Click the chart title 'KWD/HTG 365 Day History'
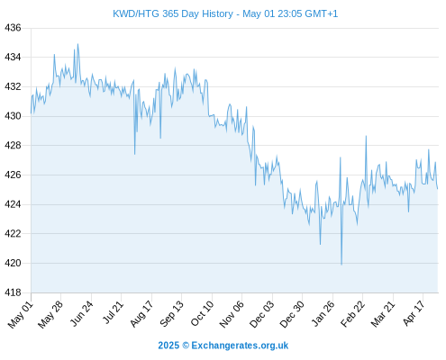pos(173,13)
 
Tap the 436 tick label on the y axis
pos(13,28)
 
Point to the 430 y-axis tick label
pos(13,116)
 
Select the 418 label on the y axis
pos(13,292)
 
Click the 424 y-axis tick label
pos(13,204)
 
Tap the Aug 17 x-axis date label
pos(141,313)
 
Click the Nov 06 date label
pos(232,314)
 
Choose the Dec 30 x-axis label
pos(292,314)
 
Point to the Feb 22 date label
pos(352,313)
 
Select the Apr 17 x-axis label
pos(414,313)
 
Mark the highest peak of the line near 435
pos(77,44)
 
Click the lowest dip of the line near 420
pos(341,265)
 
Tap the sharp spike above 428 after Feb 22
pos(366,136)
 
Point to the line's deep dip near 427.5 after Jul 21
pos(135,154)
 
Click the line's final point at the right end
pos(438,189)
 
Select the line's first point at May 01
pos(31,113)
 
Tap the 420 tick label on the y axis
pos(13,263)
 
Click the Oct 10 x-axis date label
pos(202,313)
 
